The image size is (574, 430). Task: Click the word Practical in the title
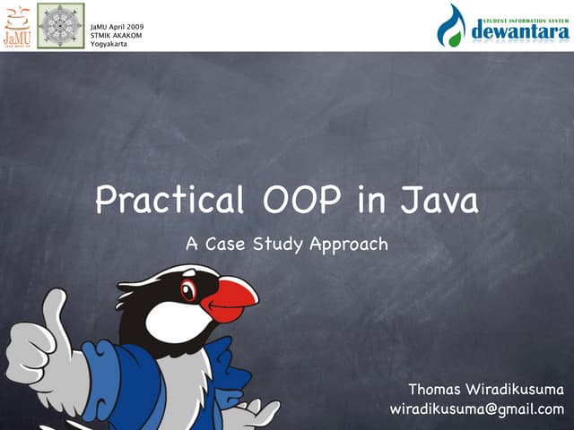pyautogui.click(x=170, y=200)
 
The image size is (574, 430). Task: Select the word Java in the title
pyautogui.click(x=439, y=200)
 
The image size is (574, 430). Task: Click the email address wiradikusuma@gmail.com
pyautogui.click(x=477, y=409)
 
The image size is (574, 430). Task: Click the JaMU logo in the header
pyautogui.click(x=17, y=25)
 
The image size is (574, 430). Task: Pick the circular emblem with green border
pyautogui.click(x=60, y=25)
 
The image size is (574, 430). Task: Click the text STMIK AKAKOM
pyautogui.click(x=117, y=35)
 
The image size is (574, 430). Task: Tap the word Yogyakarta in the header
pyautogui.click(x=109, y=44)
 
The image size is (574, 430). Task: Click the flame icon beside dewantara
pyautogui.click(x=452, y=26)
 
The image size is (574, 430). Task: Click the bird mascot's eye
pyautogui.click(x=188, y=290)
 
